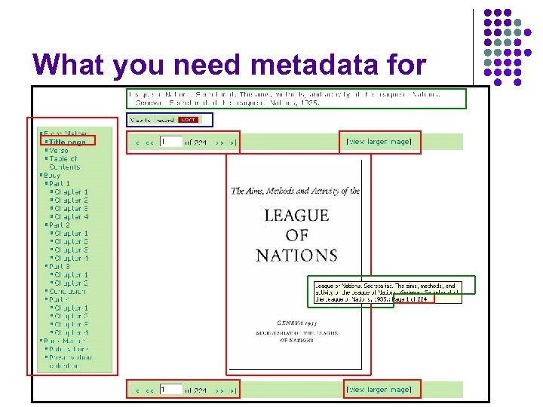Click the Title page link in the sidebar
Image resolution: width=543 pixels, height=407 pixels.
(67, 142)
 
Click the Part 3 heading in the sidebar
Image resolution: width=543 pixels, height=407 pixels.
(59, 267)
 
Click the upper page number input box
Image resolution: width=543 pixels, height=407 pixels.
(171, 141)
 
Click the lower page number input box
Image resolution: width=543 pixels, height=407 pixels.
(171, 389)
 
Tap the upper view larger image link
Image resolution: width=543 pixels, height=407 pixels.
(379, 141)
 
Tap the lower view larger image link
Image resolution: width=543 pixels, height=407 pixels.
(379, 389)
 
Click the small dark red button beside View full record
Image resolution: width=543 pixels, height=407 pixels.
(188, 119)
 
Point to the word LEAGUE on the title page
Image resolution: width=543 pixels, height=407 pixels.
(296, 216)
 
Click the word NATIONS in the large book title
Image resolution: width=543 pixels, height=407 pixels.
(296, 255)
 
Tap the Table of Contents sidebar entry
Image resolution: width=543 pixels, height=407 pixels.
(69, 162)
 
